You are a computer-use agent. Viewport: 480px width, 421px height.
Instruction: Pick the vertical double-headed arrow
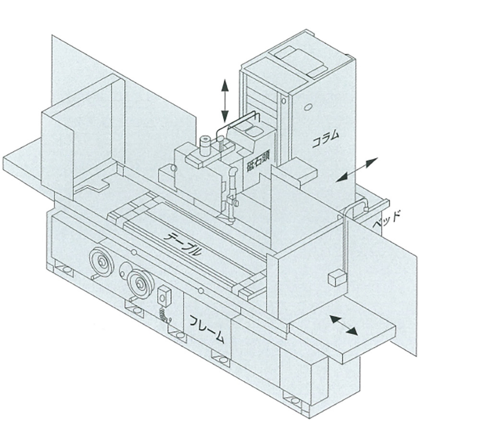[224, 101]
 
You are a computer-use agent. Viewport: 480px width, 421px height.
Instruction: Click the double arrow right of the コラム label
[357, 170]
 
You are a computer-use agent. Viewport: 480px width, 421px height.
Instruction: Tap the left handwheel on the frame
[101, 262]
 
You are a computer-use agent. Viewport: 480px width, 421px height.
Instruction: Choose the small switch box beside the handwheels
[165, 295]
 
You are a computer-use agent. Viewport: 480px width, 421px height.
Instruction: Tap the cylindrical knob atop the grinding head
[205, 144]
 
